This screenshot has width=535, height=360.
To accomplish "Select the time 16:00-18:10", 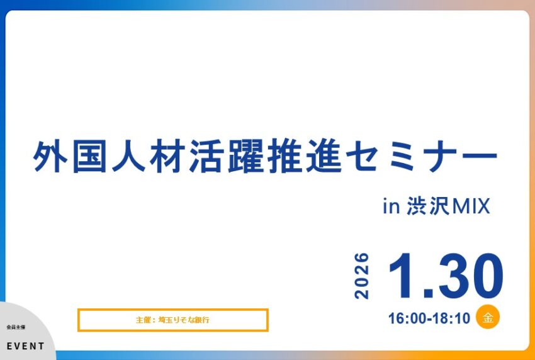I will [x=429, y=318].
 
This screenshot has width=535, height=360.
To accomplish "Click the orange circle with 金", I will [x=488, y=317].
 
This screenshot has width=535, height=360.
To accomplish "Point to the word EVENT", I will [x=26, y=346].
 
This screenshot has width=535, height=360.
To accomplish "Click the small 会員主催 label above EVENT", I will [x=14, y=328].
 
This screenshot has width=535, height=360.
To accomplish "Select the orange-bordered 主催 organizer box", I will [x=172, y=320].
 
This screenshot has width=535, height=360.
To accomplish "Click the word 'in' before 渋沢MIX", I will [x=391, y=206].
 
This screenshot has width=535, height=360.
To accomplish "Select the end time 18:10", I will [x=454, y=318].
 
